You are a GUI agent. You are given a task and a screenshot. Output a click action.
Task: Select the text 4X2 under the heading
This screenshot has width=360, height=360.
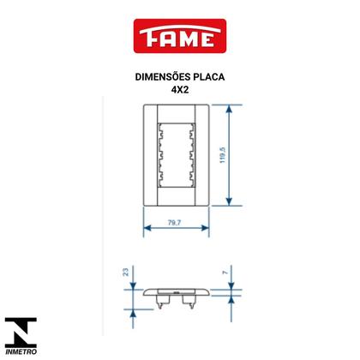point(180,89)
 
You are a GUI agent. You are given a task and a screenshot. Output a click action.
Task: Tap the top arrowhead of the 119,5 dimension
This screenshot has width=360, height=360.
point(230,109)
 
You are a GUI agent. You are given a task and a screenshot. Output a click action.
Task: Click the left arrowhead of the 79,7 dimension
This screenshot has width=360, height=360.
point(146,228)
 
